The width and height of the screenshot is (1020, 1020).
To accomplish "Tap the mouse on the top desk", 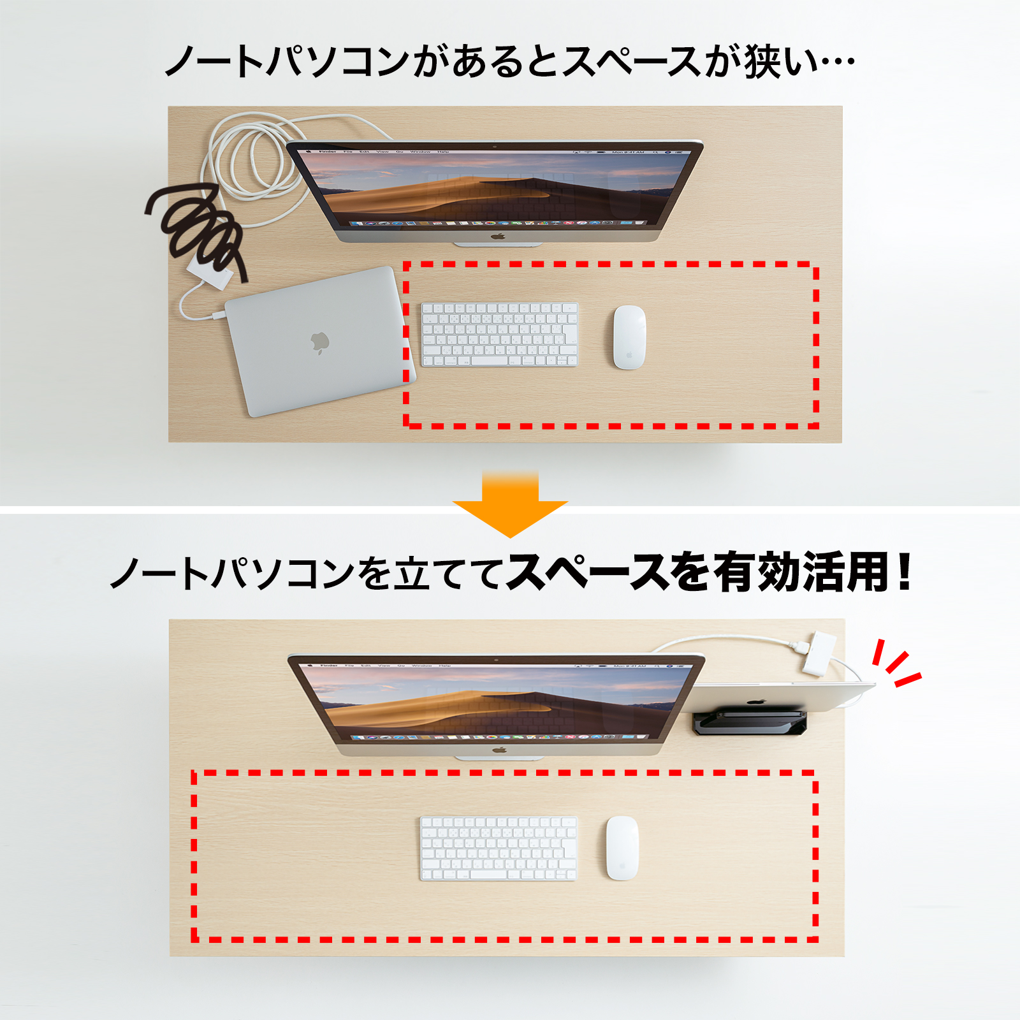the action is pyautogui.click(x=629, y=337).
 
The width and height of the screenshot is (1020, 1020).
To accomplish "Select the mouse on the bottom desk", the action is pyautogui.click(x=622, y=848).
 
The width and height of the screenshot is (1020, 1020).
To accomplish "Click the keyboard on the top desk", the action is pyautogui.click(x=500, y=335).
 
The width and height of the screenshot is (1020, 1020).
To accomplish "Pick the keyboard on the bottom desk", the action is pyautogui.click(x=499, y=849).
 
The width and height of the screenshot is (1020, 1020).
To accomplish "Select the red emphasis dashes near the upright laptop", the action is pyautogui.click(x=896, y=664).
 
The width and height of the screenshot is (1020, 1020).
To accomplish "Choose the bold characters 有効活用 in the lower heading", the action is pyautogui.click(x=800, y=572).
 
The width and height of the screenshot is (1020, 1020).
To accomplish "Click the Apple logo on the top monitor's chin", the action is pyautogui.click(x=498, y=237).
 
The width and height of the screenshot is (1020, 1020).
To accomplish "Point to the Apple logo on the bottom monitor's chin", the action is pyautogui.click(x=499, y=750).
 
